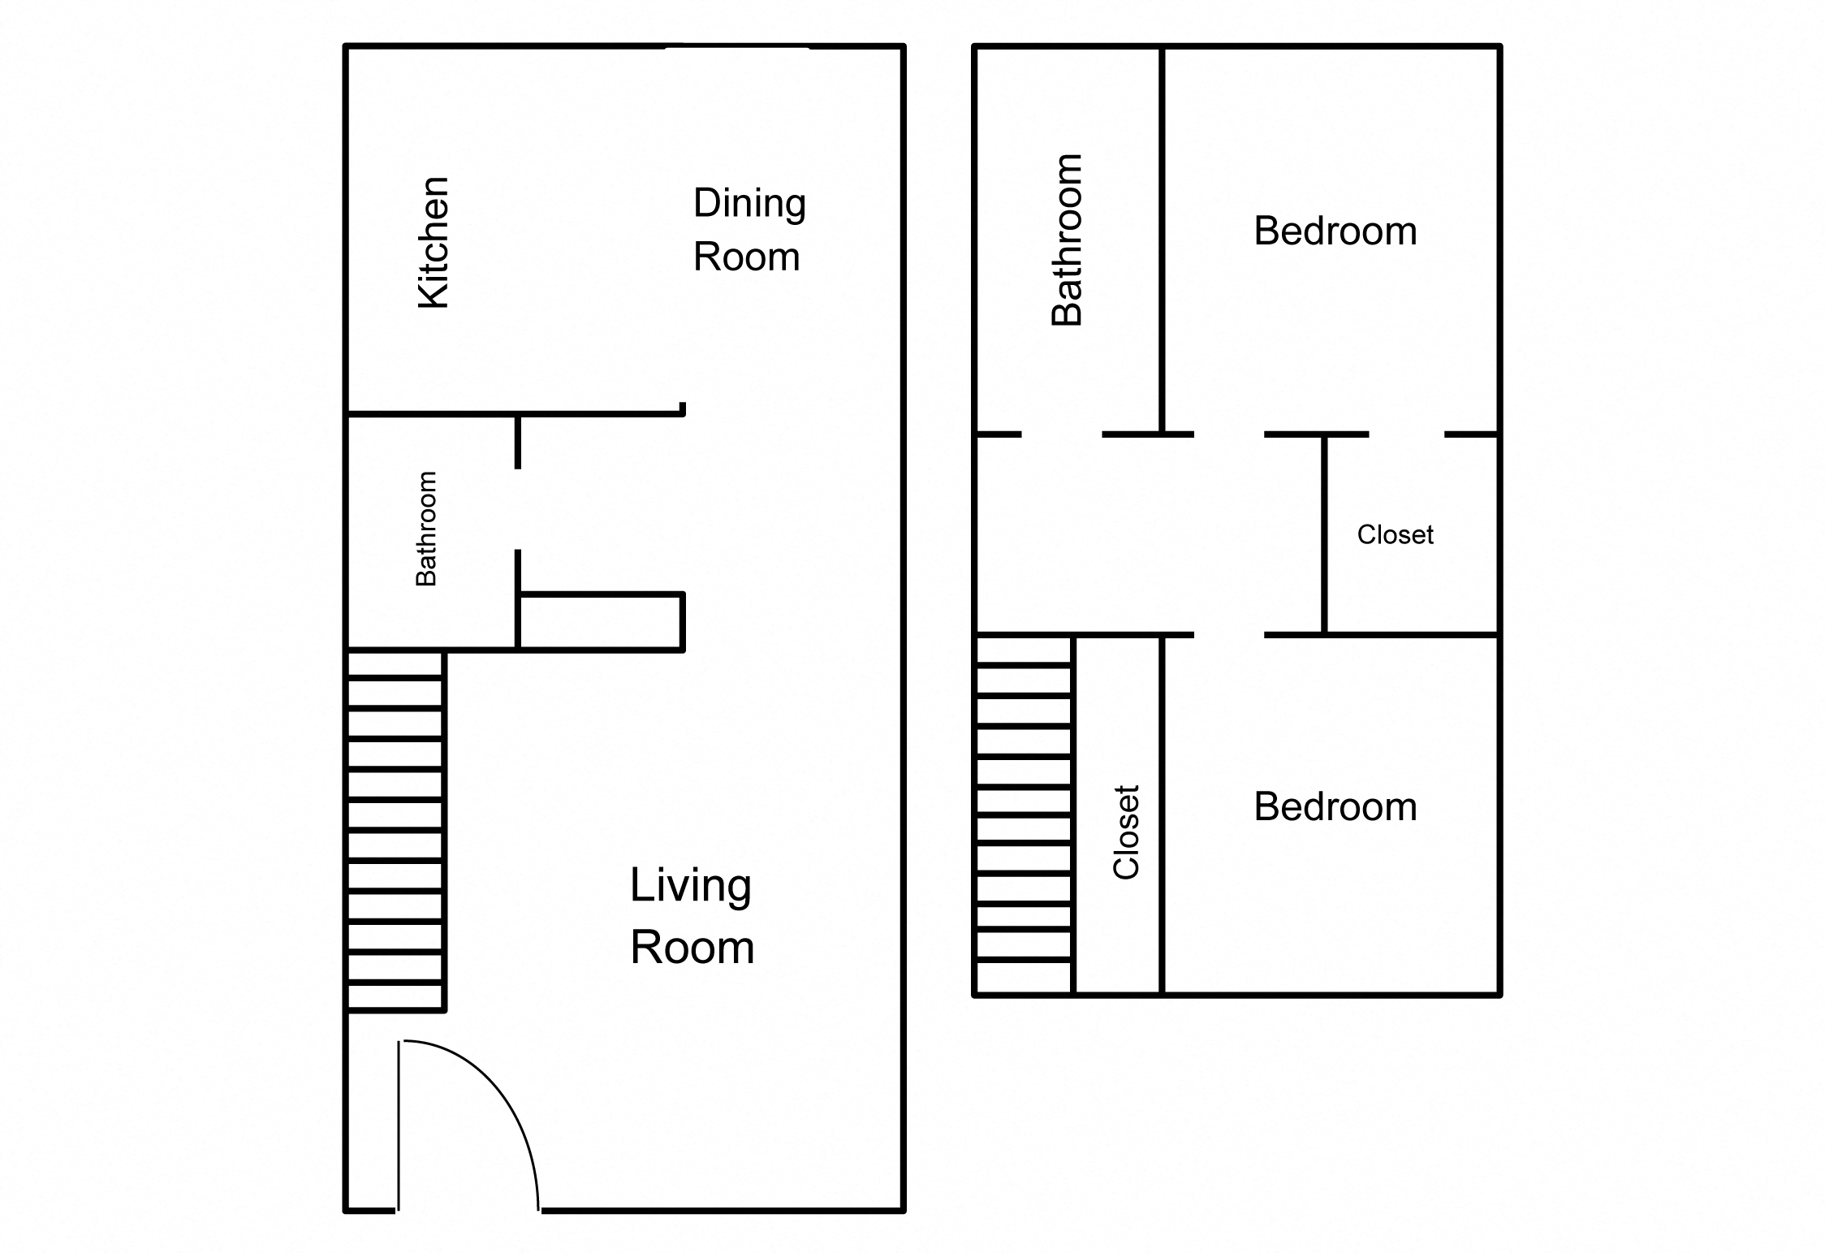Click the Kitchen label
point(434,242)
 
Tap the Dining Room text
point(749,230)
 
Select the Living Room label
point(692,916)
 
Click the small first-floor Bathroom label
point(426,528)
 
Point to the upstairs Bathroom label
point(1067,240)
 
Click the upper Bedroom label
point(1335,231)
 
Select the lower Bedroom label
point(1335,806)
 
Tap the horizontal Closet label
point(1395,534)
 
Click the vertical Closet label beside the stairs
point(1126,832)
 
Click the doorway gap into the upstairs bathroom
point(1061,434)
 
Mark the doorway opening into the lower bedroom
point(1228,634)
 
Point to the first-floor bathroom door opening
point(517,509)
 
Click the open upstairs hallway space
point(1145,534)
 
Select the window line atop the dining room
point(737,47)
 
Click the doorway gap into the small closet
point(1406,434)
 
